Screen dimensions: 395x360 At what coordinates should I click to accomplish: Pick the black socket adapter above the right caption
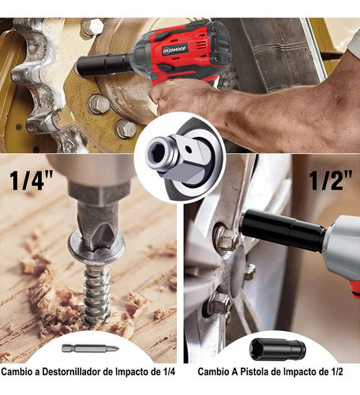[276, 348]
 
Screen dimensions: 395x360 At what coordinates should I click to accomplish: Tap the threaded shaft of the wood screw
[97, 292]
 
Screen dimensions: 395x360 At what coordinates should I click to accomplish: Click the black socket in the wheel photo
[280, 230]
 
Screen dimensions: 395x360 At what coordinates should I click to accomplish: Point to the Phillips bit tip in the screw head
[96, 229]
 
